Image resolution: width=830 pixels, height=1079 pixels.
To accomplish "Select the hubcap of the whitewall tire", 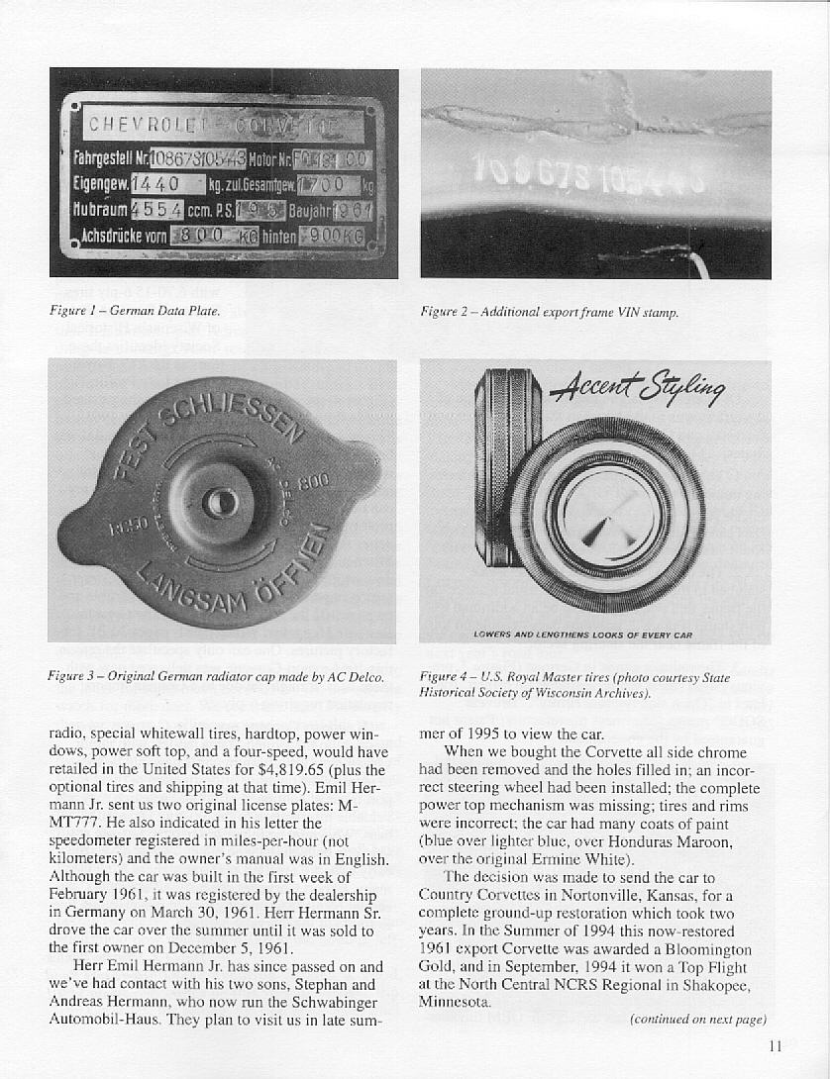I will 606,515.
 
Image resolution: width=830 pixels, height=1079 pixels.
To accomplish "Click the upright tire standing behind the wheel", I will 505,465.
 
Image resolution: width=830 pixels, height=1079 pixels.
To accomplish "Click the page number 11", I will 776,1047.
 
